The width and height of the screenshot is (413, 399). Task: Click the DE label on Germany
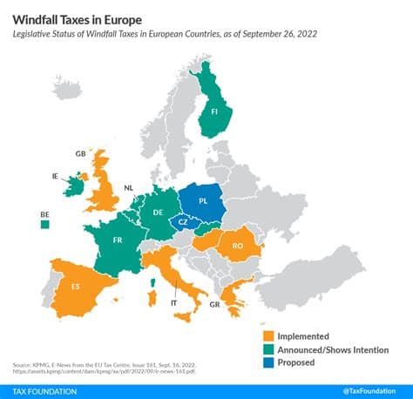(158, 211)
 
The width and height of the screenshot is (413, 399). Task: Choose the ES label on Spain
(75, 286)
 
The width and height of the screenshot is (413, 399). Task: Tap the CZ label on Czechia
(182, 224)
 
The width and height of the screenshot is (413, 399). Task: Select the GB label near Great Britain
(80, 153)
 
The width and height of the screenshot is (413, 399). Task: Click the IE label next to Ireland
(57, 175)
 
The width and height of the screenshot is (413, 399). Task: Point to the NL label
(128, 187)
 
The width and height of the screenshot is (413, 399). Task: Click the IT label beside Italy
(174, 302)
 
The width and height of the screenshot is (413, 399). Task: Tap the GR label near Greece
(214, 306)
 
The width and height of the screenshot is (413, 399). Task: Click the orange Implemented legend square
(268, 335)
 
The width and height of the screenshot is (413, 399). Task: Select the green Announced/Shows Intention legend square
(268, 348)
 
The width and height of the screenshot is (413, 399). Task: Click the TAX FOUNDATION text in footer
(44, 391)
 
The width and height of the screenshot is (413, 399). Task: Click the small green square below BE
(44, 225)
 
